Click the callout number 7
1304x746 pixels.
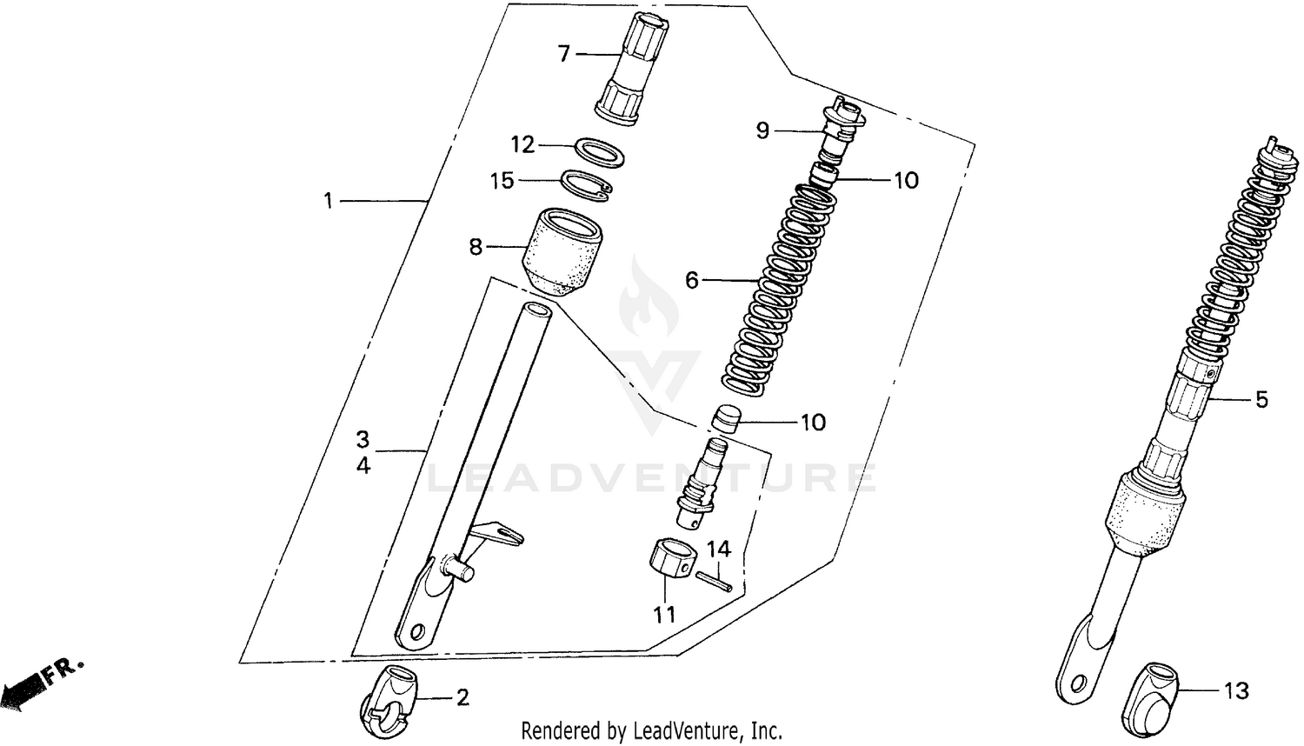[x=563, y=55]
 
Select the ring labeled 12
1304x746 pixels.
[x=599, y=149]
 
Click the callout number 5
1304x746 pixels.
[x=1261, y=400]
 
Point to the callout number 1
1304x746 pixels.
[x=328, y=202]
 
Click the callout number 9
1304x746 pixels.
[x=762, y=131]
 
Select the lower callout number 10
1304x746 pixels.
[x=813, y=423]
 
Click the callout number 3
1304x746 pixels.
[x=363, y=437]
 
